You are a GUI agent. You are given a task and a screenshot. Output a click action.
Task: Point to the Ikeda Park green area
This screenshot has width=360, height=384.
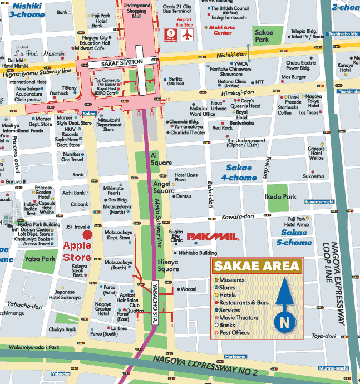coord(281,197)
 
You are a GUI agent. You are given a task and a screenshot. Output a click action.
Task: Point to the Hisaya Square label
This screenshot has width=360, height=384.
coord(168,265)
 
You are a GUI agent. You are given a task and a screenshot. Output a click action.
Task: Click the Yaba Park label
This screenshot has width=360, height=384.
coord(41,259)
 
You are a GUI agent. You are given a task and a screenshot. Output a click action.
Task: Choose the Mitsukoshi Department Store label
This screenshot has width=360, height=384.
coord(109,125)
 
